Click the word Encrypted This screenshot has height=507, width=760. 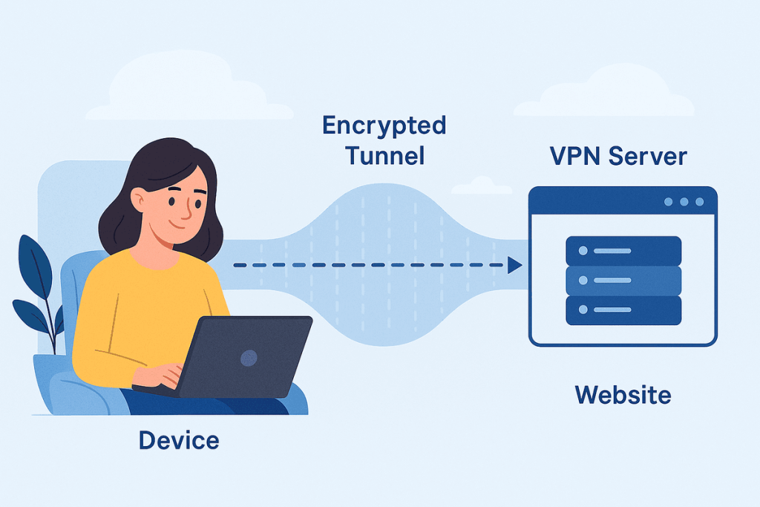pos(384,126)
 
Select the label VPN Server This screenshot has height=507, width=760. pos(617,157)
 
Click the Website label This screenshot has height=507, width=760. pos(623,394)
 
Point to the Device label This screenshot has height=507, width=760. pos(179,440)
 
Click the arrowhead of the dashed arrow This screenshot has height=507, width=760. pos(514,265)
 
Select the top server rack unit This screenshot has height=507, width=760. pos(623,250)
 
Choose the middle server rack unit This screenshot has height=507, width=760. pos(623,280)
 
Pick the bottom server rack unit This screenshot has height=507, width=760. pos(623,310)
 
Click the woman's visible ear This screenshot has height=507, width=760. pos(139,199)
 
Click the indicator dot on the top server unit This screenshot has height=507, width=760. pos(583,250)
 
